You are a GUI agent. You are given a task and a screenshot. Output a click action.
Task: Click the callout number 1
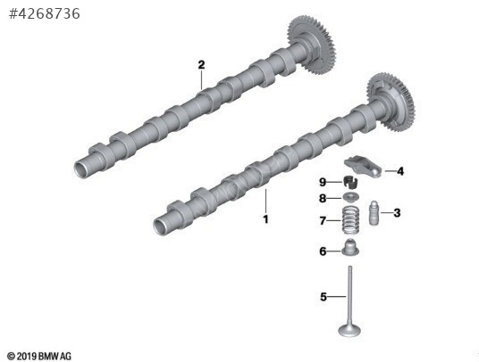265,219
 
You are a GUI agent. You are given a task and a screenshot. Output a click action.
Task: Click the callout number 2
201,65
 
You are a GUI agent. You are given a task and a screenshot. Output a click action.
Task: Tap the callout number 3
397,213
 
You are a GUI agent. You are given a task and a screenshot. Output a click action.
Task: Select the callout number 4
400,171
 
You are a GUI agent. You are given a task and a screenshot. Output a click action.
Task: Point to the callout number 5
324,297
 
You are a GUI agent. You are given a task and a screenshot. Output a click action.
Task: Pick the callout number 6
323,251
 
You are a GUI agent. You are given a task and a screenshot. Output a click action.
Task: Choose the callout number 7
323,220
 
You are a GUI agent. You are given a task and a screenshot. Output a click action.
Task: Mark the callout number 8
323,198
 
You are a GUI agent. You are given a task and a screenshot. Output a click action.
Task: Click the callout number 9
323,182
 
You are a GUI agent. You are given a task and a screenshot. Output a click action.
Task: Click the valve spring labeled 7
350,220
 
